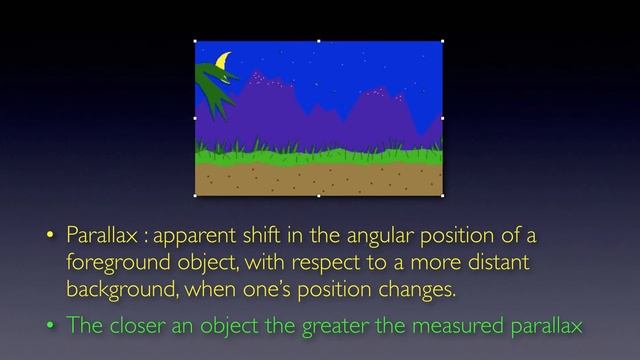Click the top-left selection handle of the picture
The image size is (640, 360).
[194, 41]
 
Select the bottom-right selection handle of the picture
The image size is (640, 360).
[443, 196]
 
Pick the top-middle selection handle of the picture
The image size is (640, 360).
[318, 41]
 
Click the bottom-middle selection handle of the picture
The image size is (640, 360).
[318, 196]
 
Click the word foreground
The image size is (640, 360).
[112, 263]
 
